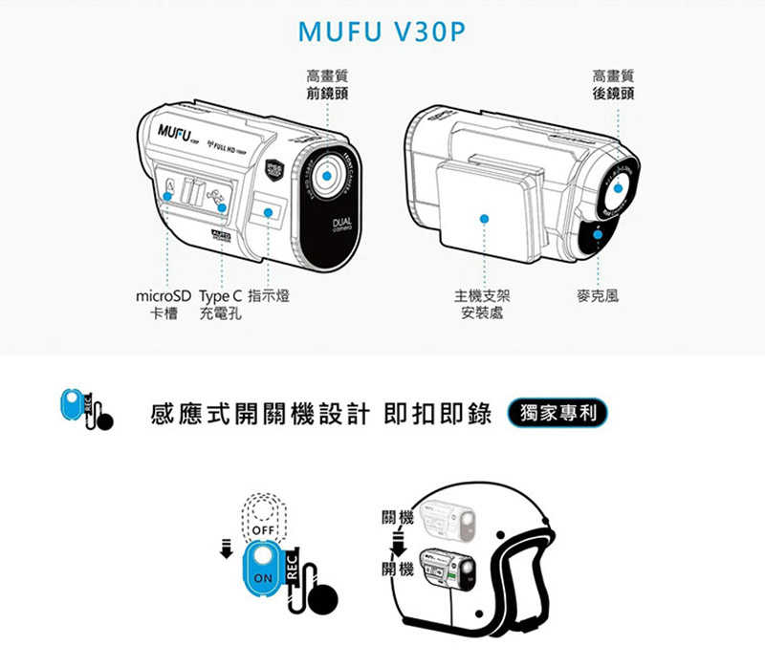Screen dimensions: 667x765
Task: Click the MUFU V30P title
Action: [382, 32]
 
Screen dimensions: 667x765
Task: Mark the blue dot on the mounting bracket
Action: [485, 219]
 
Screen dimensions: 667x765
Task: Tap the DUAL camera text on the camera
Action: [339, 226]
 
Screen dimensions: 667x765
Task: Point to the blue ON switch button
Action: [262, 570]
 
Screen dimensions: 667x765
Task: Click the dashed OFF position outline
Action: [262, 522]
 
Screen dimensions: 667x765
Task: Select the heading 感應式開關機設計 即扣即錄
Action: [321, 415]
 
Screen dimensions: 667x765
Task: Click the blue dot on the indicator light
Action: [269, 211]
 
